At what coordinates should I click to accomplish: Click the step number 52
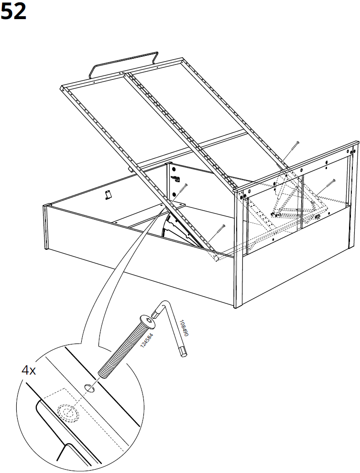click(x=13, y=11)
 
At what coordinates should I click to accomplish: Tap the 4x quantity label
click(x=29, y=370)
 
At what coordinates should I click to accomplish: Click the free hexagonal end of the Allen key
click(x=183, y=353)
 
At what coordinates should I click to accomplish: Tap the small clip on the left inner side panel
click(x=108, y=194)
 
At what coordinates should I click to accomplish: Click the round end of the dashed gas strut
click(x=216, y=258)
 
